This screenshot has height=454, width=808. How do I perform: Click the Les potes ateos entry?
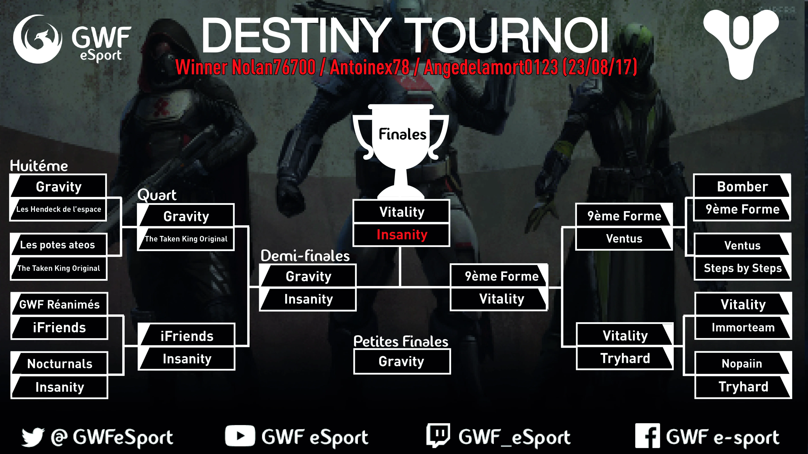(x=59, y=245)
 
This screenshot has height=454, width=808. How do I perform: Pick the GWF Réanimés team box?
(x=59, y=304)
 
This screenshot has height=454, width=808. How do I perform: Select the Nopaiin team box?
(x=742, y=363)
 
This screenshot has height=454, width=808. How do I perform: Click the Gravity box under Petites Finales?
(x=402, y=361)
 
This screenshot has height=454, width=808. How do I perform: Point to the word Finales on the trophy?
(x=402, y=134)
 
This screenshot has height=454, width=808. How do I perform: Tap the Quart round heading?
(x=157, y=195)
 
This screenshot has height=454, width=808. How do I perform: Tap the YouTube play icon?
(x=240, y=436)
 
